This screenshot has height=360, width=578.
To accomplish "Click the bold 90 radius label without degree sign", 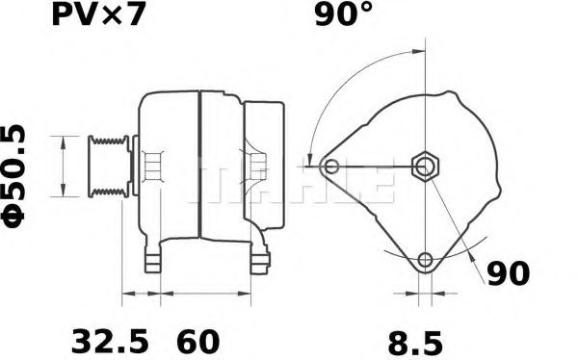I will pyautogui.click(x=507, y=274).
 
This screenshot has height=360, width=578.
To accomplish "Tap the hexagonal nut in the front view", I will pyautogui.click(x=425, y=167).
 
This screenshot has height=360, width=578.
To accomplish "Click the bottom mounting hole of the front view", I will pyautogui.click(x=425, y=259).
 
